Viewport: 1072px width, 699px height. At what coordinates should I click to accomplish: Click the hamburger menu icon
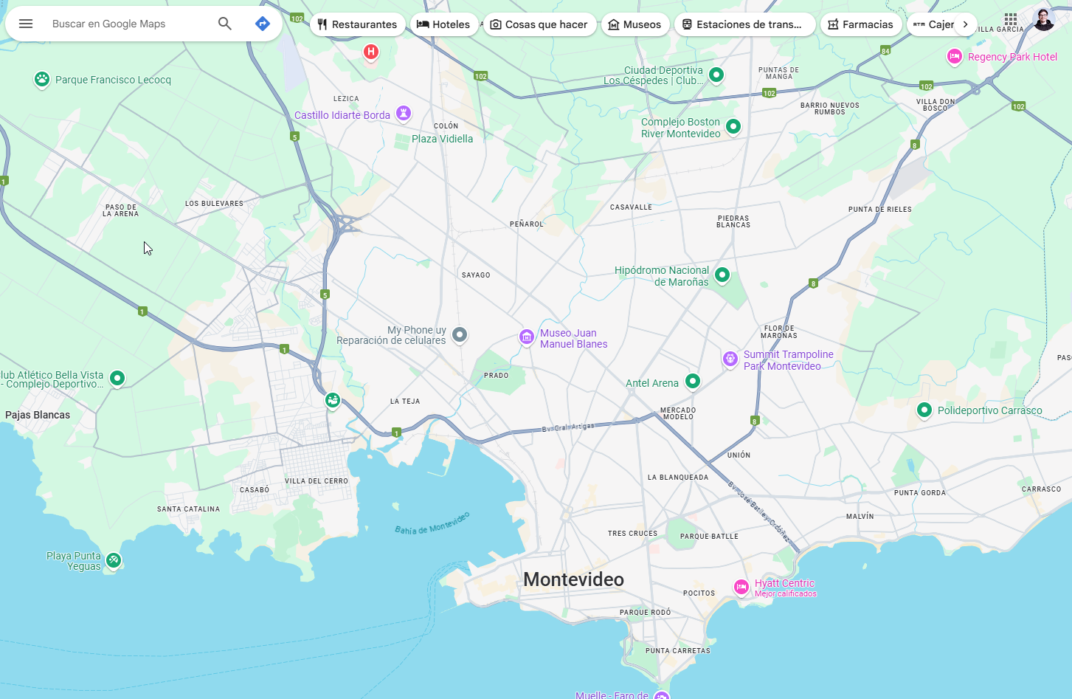(x=26, y=24)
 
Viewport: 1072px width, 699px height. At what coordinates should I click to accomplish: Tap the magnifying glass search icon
(x=225, y=24)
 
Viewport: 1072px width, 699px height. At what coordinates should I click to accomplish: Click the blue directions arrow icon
(x=263, y=24)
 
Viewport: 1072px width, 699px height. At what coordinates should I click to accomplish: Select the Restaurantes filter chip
(x=357, y=24)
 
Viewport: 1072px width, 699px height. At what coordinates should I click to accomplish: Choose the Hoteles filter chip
(x=443, y=24)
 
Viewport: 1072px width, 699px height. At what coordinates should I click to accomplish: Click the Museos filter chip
(x=634, y=24)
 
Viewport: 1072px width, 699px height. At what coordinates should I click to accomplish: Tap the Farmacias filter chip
(x=860, y=24)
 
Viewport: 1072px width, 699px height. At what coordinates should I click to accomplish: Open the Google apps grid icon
(x=1011, y=19)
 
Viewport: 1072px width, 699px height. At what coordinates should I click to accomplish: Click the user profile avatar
(x=1043, y=20)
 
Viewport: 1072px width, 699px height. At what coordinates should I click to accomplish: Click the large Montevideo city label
(x=573, y=579)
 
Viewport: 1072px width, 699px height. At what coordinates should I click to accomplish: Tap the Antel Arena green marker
(x=692, y=381)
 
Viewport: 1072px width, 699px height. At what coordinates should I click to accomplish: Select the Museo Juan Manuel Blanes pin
(x=526, y=337)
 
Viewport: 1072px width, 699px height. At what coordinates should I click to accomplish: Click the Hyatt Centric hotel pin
(x=741, y=587)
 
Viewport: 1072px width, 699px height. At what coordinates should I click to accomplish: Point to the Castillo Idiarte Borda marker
(x=404, y=113)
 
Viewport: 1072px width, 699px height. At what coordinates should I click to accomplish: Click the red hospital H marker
(x=371, y=52)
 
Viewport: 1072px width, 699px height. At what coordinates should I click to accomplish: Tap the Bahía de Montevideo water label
(x=432, y=523)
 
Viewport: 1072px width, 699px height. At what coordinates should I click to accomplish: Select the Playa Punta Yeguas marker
(x=113, y=560)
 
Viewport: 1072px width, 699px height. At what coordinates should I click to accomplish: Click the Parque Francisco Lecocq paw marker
(x=42, y=79)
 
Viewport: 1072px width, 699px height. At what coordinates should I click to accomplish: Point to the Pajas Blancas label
(x=38, y=415)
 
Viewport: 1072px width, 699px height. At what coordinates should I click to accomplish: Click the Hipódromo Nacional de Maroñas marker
(x=722, y=275)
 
